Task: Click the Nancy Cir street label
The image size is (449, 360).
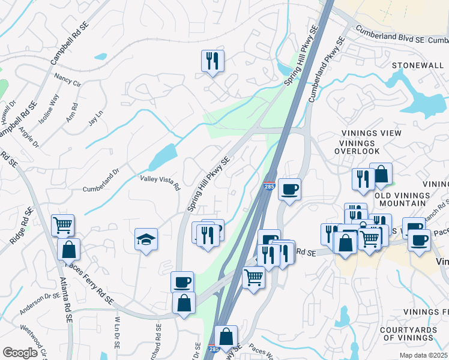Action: click(67, 80)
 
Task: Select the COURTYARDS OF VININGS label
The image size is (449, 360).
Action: click(413, 333)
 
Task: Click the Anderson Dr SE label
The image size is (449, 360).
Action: click(40, 295)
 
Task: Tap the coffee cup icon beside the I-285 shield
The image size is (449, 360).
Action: click(289, 190)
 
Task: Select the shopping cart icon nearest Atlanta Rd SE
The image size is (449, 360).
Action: click(63, 225)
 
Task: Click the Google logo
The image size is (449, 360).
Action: click(20, 353)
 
